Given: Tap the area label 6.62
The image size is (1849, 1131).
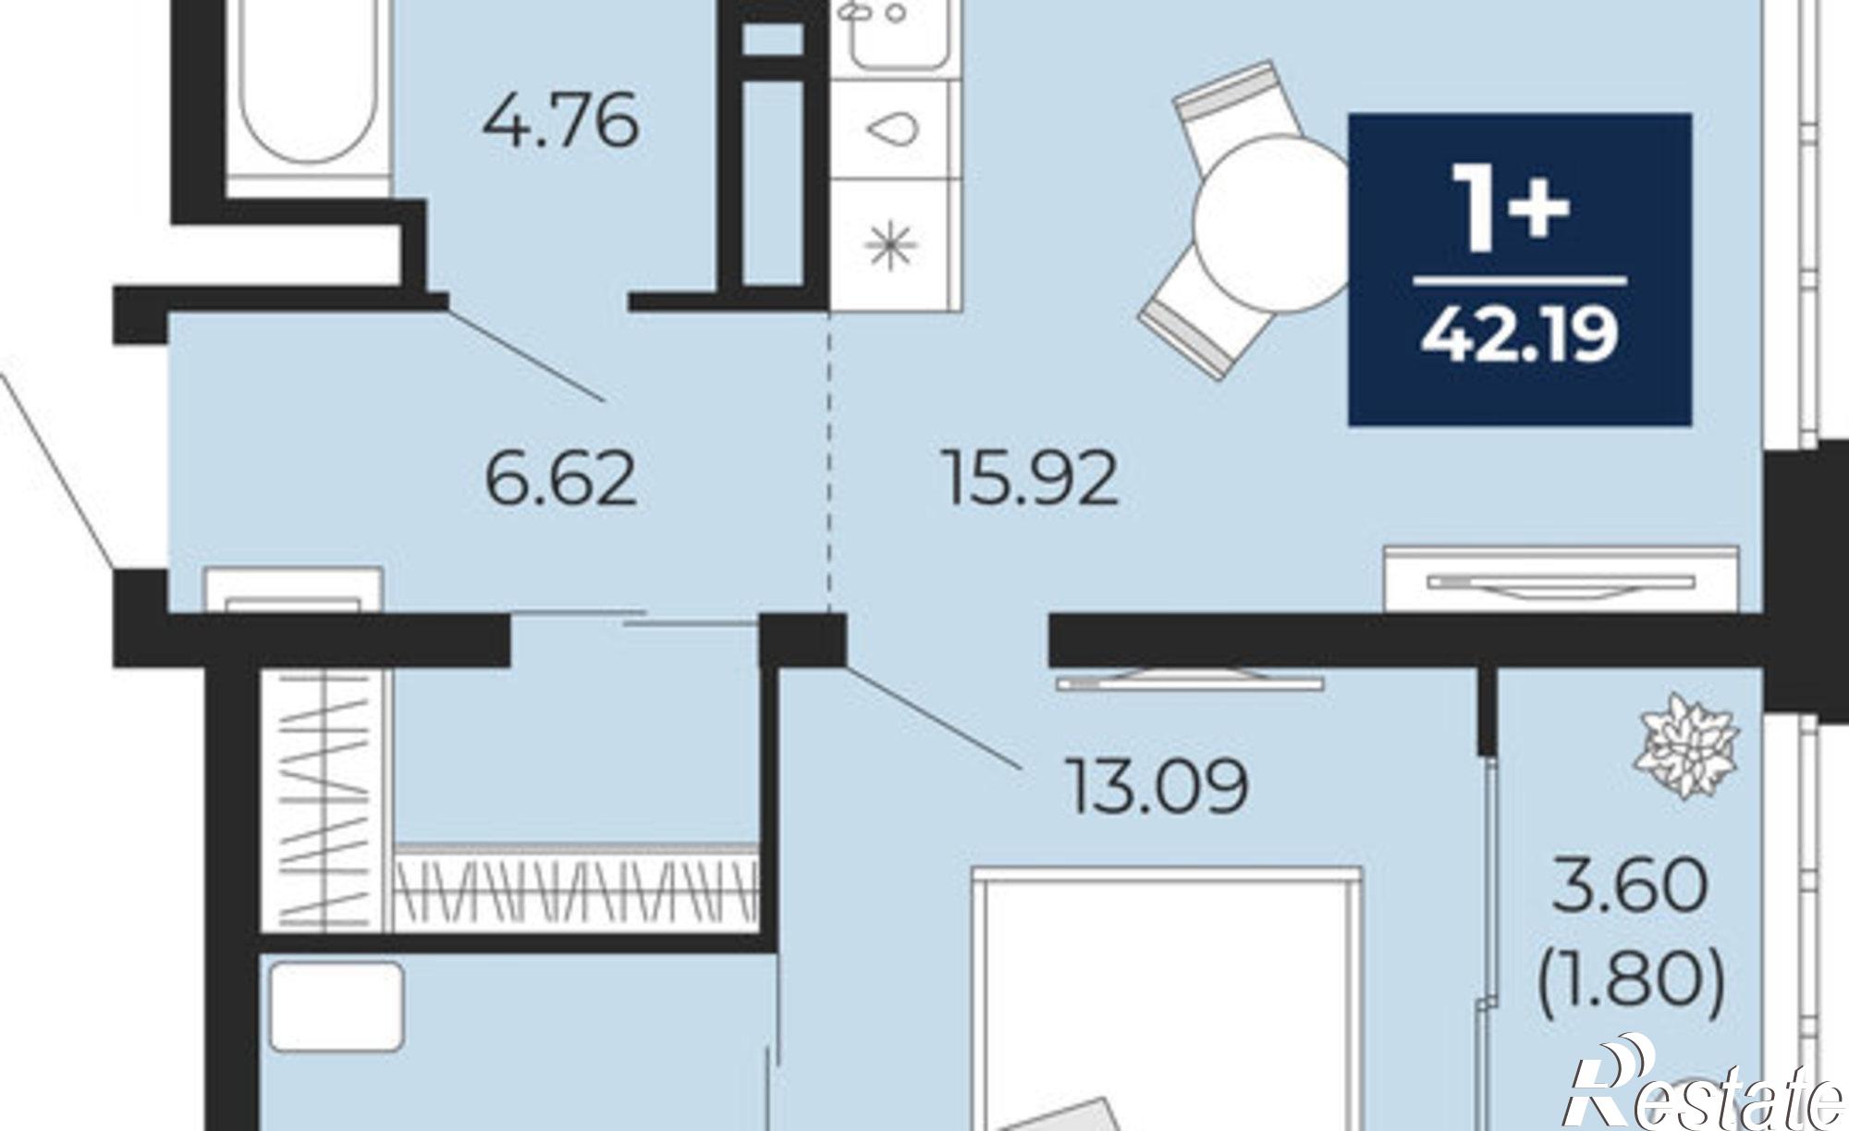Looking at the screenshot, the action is click(560, 480).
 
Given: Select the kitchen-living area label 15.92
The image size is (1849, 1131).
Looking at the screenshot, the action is click(1030, 479).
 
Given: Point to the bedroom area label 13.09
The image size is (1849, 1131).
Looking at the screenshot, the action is click(1157, 786).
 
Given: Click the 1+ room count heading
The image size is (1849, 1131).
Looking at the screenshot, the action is click(1512, 214).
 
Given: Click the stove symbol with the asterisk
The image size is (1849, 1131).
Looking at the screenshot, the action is click(891, 246).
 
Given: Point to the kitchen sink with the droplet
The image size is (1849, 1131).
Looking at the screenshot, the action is click(892, 129).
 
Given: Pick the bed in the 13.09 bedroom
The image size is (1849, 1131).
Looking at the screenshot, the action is click(1167, 999).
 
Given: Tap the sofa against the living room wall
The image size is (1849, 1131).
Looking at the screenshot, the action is click(1561, 579).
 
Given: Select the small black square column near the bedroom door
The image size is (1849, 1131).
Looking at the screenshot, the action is click(802, 640).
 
